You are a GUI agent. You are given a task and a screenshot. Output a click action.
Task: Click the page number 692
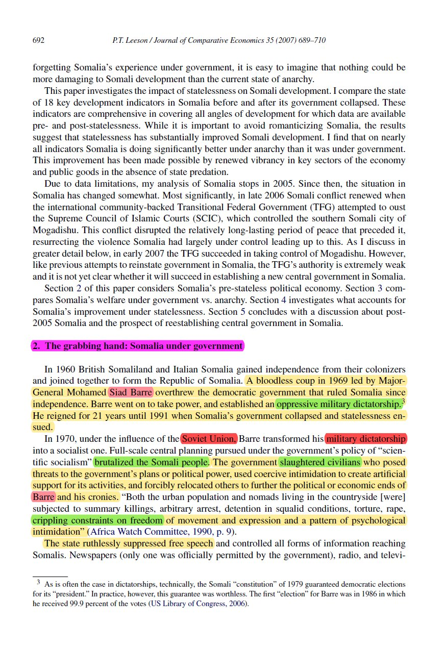(38, 40)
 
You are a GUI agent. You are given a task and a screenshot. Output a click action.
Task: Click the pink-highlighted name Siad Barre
(130, 392)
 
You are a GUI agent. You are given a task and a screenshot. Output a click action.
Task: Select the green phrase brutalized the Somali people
(152, 462)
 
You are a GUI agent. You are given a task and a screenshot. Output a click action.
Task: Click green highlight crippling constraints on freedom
(97, 520)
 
